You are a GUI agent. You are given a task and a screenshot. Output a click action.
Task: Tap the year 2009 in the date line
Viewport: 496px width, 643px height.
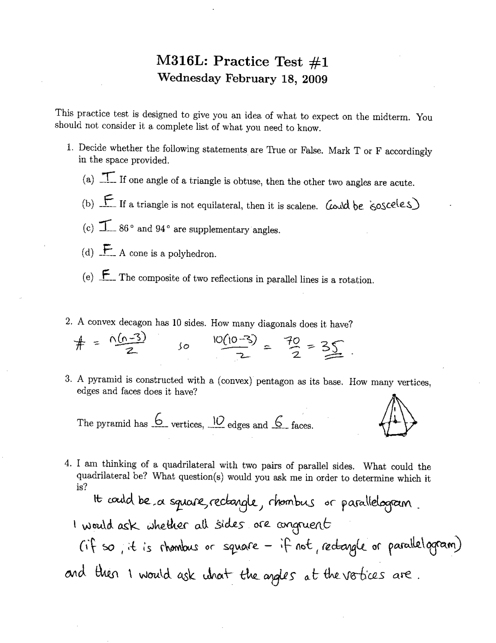[x=315, y=79]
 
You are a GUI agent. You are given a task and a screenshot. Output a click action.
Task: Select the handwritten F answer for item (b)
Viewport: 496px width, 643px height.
[x=108, y=201]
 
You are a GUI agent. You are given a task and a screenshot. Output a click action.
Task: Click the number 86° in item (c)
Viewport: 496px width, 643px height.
[x=126, y=229]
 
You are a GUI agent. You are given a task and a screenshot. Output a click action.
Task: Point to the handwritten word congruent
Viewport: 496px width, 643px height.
[x=304, y=525]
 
